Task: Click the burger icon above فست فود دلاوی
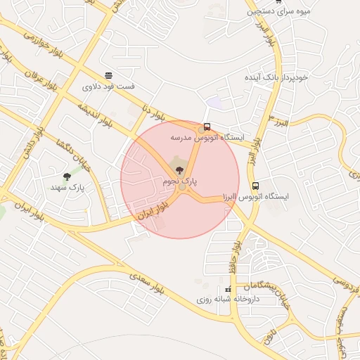(x=108, y=75)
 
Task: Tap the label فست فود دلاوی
(x=109, y=87)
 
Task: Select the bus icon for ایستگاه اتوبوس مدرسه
(x=206, y=127)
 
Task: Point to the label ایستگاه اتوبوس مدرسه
(x=206, y=139)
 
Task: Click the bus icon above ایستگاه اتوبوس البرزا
(x=255, y=186)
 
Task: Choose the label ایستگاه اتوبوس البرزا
(x=256, y=198)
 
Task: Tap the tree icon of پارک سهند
(x=67, y=176)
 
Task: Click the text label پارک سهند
(x=67, y=188)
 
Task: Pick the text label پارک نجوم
(x=180, y=181)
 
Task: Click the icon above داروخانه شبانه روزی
(x=228, y=290)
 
